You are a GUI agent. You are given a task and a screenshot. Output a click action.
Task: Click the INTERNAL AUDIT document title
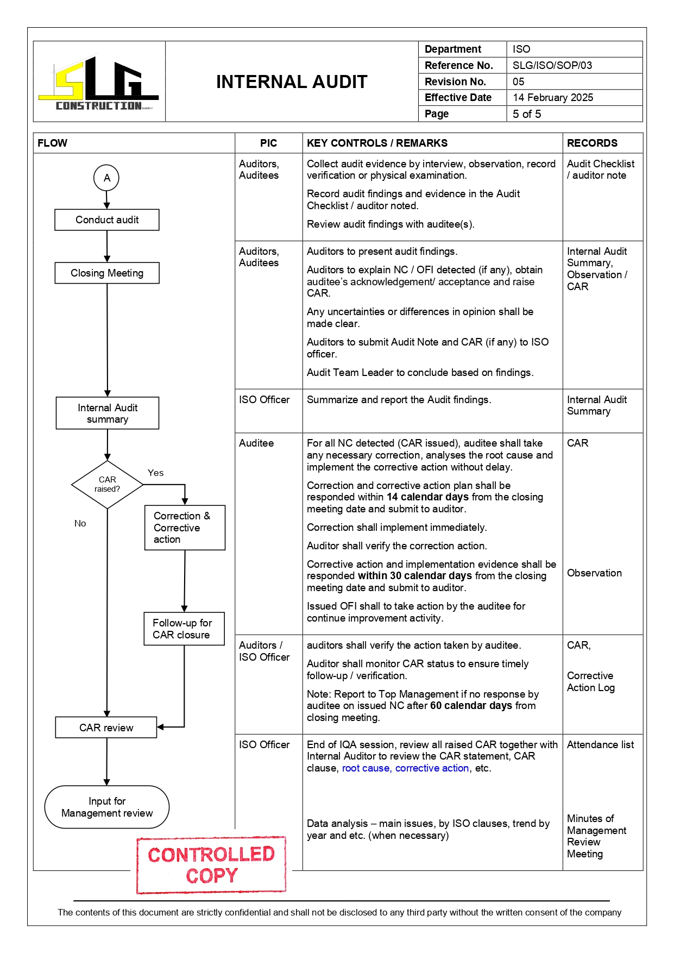(x=292, y=82)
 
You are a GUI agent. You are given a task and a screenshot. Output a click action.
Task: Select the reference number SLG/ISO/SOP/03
(x=552, y=65)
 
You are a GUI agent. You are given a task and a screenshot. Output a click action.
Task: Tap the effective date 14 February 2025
(x=552, y=98)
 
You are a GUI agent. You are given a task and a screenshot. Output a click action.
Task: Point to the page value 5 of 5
(x=526, y=114)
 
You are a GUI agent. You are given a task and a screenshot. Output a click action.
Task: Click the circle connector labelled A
(x=106, y=178)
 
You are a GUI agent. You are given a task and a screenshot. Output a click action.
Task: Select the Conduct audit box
(x=107, y=220)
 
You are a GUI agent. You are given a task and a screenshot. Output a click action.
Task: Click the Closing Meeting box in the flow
(x=107, y=273)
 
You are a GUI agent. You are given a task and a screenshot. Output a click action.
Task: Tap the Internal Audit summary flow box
(x=108, y=413)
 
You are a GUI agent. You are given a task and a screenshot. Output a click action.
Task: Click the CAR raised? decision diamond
(x=108, y=485)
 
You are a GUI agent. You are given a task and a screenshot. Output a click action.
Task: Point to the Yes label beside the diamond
(x=155, y=473)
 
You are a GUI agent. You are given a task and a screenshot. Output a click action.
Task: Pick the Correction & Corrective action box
(x=185, y=528)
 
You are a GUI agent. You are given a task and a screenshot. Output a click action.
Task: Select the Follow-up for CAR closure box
(x=184, y=629)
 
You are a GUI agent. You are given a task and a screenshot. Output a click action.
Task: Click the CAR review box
(x=106, y=728)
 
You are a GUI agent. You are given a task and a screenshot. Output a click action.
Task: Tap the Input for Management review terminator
(x=107, y=807)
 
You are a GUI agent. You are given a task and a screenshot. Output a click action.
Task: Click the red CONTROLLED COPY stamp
(x=211, y=865)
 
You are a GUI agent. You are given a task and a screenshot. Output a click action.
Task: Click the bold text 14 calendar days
(x=427, y=497)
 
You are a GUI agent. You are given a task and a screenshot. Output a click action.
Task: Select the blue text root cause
(x=366, y=768)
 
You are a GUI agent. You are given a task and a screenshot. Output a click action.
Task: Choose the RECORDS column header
(x=592, y=143)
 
